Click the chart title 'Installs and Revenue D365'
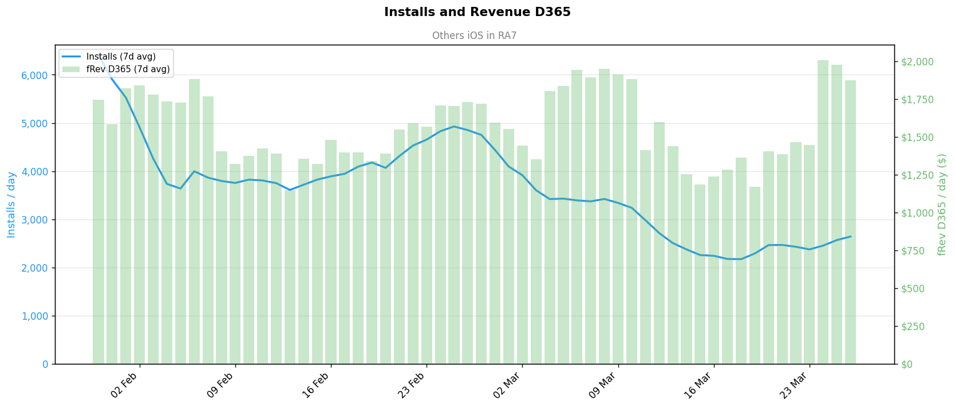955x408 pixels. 477,12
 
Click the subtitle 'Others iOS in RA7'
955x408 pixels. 474,36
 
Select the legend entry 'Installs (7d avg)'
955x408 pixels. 121,57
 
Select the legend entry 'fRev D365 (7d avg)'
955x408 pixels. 128,69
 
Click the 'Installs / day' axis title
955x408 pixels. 11,205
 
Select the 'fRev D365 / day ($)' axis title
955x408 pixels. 942,205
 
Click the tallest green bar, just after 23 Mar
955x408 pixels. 823,212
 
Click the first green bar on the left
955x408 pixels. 98,232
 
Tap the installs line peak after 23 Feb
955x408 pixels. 454,127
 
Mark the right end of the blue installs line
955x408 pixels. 850,236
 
